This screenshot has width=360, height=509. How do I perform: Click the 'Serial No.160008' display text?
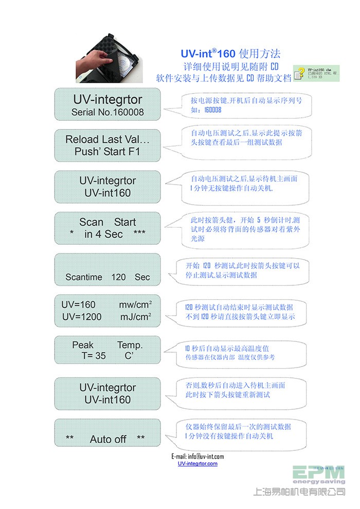[107, 112]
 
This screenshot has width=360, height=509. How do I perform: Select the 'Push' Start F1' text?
[107, 152]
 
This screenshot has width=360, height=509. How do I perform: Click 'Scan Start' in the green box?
[107, 222]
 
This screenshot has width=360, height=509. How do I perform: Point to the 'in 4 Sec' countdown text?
[104, 234]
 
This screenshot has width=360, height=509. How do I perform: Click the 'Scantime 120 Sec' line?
[107, 277]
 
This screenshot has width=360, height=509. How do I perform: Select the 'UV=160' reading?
[78, 305]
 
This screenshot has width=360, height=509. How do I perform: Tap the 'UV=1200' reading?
[82, 317]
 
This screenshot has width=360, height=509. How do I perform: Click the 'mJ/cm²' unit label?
[135, 317]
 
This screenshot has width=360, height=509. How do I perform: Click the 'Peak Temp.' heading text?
[107, 344]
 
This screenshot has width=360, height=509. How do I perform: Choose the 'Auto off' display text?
[108, 439]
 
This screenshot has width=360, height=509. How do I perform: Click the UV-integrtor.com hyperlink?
[197, 464]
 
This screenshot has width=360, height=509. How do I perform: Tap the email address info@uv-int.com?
[197, 456]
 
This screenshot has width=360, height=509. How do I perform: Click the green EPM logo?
[319, 473]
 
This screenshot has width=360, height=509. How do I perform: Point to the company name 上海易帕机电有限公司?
[299, 492]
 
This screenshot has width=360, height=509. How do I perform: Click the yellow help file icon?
[299, 73]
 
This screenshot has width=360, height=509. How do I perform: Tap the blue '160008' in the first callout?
[213, 110]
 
